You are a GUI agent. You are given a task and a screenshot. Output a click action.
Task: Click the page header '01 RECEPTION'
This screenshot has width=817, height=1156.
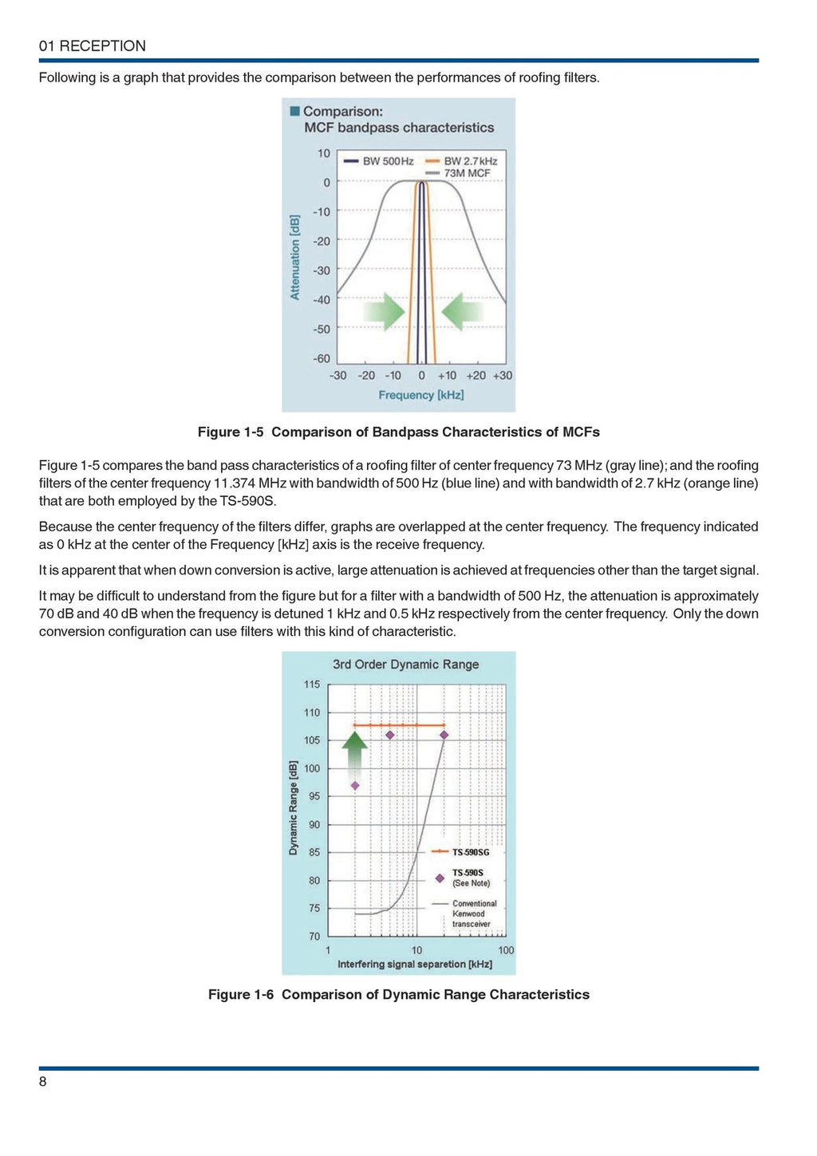pos(93,46)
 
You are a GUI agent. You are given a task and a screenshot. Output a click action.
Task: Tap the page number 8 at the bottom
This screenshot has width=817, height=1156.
pos(43,1082)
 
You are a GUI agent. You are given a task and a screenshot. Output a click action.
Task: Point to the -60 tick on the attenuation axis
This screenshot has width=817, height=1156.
pos(322,359)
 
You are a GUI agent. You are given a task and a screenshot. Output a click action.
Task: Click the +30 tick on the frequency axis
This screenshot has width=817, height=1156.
pos(503,376)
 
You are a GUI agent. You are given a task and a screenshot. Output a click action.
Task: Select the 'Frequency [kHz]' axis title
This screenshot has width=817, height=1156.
pos(420,395)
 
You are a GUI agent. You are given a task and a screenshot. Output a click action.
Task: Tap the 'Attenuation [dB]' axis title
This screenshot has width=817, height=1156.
pos(295,257)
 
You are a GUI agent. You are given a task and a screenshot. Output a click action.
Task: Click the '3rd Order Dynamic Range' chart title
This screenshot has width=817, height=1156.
pos(405,665)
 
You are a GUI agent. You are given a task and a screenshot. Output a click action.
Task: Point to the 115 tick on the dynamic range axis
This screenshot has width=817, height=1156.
pos(312,685)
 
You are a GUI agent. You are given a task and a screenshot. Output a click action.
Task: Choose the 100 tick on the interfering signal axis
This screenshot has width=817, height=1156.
pos(506,950)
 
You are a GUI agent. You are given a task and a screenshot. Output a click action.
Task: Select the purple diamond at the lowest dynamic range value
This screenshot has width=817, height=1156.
pos(355,786)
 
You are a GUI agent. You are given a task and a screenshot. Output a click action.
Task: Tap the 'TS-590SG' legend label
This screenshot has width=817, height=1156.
pos(471,853)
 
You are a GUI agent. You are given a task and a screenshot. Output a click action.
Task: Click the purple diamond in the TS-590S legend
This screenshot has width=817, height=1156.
pos(440,878)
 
